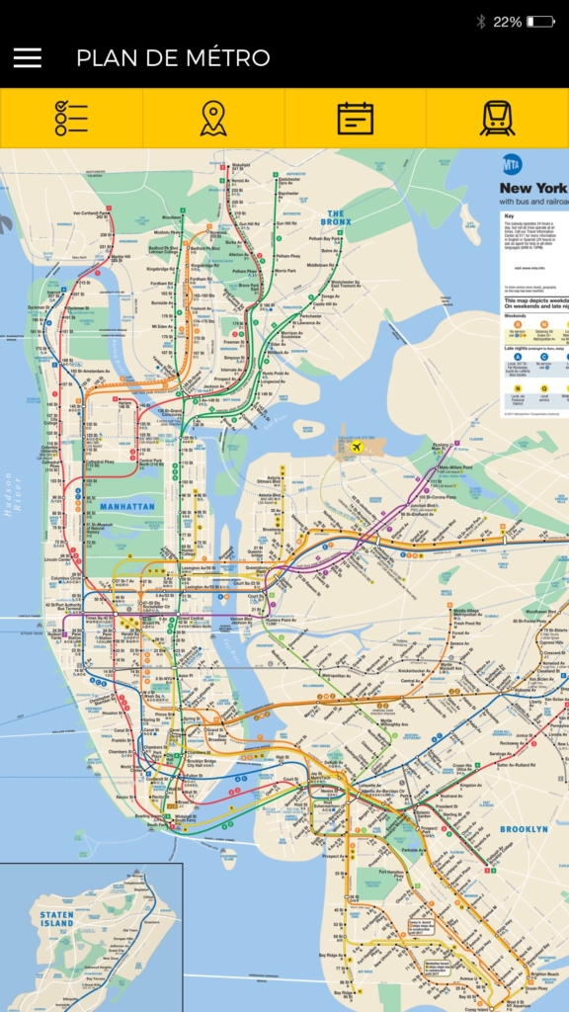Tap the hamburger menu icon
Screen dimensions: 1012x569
click(28, 58)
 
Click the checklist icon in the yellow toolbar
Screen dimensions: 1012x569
click(71, 119)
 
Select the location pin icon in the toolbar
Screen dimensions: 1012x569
click(213, 119)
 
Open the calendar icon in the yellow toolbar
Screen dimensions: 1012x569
click(356, 119)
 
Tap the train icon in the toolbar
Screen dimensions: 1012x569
click(497, 119)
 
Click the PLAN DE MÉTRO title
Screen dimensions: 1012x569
click(173, 58)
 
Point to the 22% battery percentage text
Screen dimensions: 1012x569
click(508, 21)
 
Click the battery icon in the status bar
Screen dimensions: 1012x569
click(540, 21)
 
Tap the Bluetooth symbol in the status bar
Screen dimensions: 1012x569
click(481, 21)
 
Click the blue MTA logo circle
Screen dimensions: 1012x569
click(512, 164)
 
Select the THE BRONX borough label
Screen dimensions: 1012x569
click(336, 217)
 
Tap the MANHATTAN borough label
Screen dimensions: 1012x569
click(127, 507)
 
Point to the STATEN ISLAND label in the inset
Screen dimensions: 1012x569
click(56, 919)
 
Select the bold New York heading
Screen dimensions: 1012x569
click(532, 188)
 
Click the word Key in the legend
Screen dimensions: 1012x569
click(509, 215)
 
